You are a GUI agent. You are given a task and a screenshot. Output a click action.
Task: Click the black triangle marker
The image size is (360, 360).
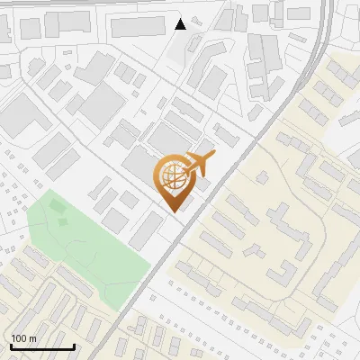(x=181, y=24)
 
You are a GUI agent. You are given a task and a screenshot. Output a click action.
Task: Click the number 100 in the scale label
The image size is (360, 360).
(x=19, y=338)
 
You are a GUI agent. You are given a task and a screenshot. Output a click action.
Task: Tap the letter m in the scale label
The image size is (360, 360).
(x=32, y=338)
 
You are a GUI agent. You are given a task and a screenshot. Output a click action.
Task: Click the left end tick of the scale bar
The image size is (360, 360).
(x=11, y=344)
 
